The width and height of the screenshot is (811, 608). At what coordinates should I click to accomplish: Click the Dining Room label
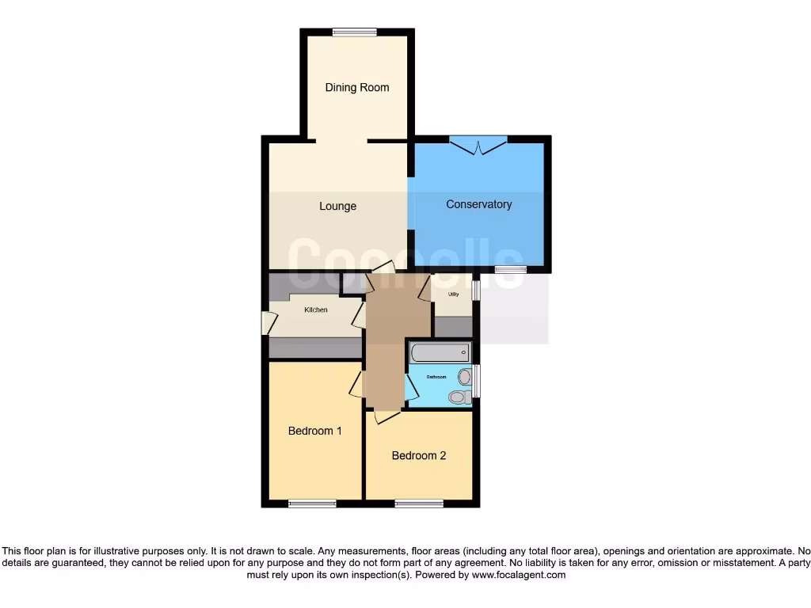point(357,87)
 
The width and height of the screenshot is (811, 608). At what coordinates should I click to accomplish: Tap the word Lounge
point(337,206)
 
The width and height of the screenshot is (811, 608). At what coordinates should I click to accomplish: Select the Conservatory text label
point(478,204)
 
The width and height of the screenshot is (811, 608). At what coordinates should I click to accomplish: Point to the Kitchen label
point(316,310)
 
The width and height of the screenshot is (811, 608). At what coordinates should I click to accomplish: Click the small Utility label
point(453,294)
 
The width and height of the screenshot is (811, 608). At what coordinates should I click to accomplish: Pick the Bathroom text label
point(436,377)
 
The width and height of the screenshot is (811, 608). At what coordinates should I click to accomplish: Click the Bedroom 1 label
point(314,431)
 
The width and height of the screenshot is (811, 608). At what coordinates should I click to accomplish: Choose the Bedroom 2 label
point(419,455)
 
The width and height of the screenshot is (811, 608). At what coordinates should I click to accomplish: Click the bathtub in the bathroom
point(439,352)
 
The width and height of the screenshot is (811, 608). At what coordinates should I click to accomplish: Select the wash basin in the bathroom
point(458,397)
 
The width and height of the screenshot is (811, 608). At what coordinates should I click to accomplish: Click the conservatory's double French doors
point(478,145)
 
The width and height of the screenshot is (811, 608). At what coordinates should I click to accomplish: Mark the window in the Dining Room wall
point(354,32)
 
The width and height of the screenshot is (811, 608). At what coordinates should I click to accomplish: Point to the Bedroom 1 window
point(312,503)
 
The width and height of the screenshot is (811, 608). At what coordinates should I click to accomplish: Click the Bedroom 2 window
point(419,503)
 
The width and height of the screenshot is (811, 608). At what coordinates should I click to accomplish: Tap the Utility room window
point(476,289)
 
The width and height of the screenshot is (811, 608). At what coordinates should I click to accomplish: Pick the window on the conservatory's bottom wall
point(511,270)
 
